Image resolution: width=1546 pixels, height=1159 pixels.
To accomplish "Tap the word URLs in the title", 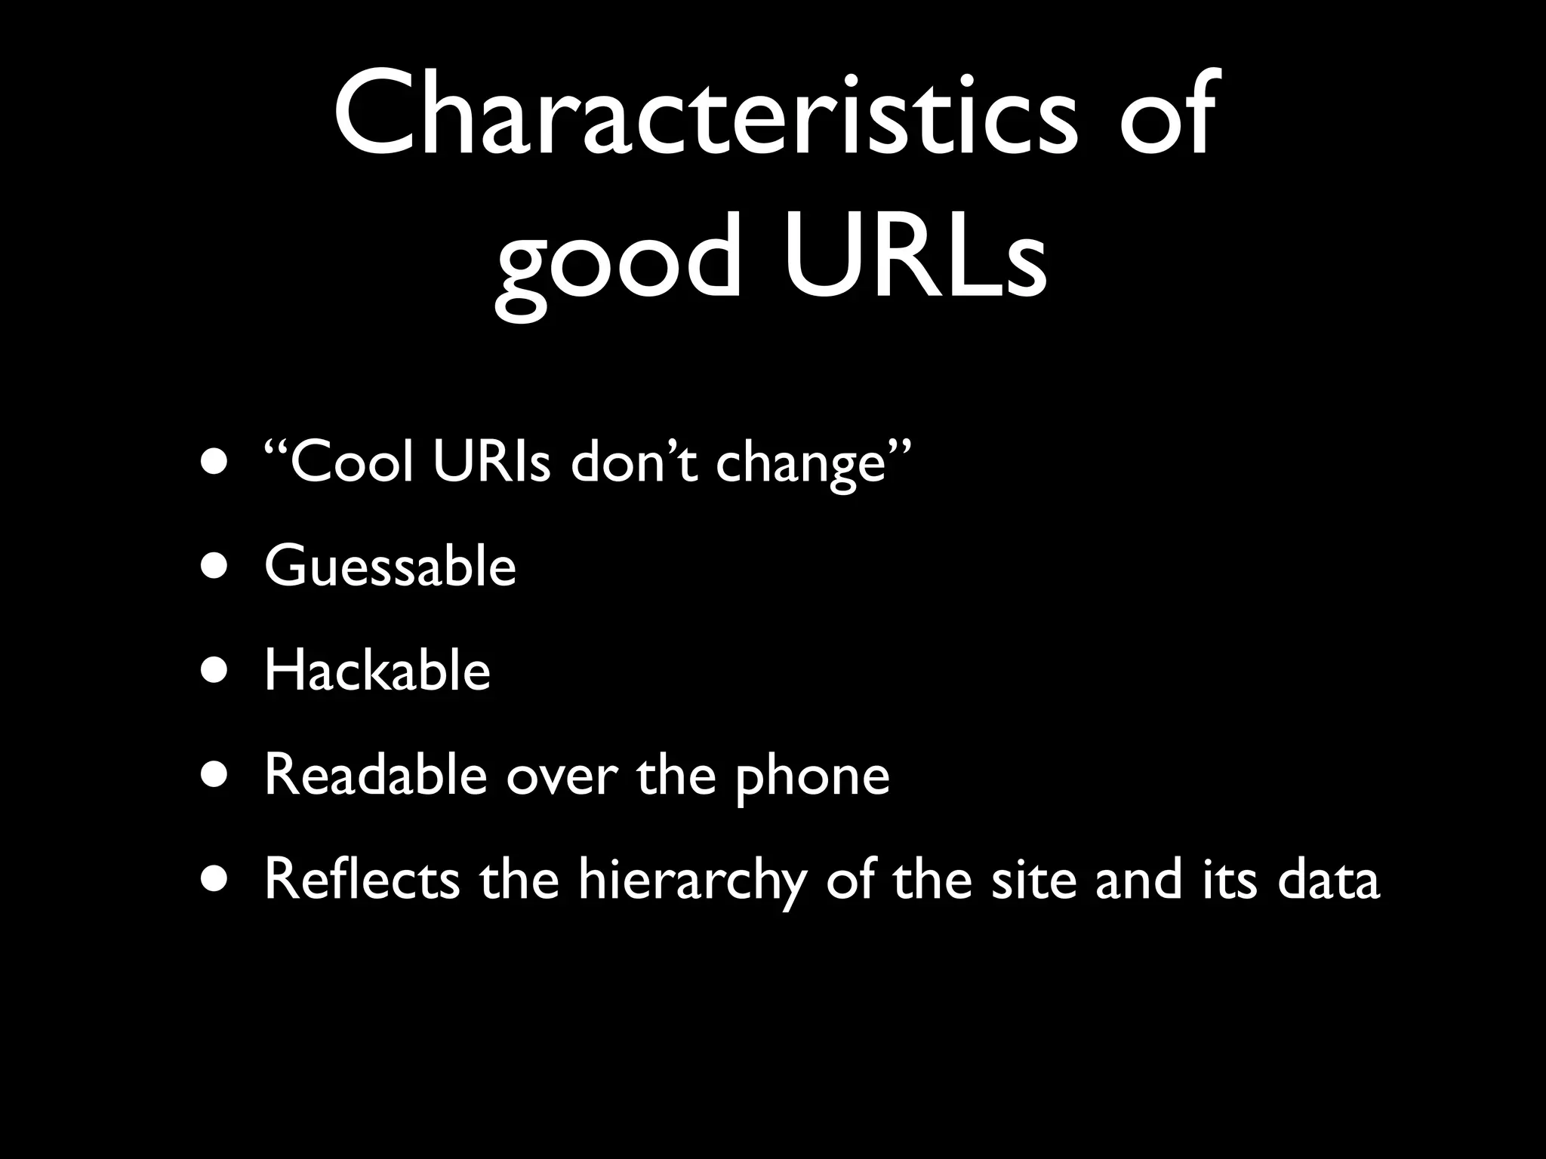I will [x=916, y=257].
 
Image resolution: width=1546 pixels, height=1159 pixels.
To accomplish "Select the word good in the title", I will [x=619, y=264].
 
